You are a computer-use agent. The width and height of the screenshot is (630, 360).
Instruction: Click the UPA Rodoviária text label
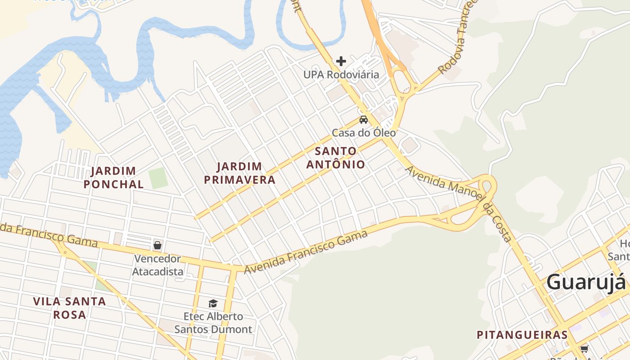pos(341,75)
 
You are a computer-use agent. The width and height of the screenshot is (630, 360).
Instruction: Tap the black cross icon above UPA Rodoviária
pos(341,61)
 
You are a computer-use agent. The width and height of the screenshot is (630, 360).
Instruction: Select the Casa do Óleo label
pos(364,133)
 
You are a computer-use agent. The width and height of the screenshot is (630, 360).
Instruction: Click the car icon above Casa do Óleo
pos(363,120)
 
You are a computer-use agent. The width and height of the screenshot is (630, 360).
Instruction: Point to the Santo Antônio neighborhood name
pos(336,158)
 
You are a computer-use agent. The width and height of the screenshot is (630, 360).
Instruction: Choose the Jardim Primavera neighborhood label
pos(239,173)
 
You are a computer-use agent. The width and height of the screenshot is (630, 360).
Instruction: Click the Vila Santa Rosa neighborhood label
pos(70,308)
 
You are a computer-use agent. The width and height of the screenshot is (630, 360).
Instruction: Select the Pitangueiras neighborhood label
pos(522,335)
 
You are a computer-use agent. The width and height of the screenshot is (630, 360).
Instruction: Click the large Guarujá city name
pos(586,282)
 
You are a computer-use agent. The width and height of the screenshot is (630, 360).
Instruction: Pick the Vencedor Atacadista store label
pos(157,265)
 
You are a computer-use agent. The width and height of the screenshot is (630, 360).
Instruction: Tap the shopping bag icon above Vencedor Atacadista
pos(157,245)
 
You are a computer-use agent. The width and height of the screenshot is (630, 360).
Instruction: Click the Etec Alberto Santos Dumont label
pos(213,323)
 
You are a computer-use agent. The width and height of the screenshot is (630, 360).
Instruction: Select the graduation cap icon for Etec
pos(213,303)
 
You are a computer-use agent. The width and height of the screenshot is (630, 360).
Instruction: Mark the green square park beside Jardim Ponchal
pos(158,178)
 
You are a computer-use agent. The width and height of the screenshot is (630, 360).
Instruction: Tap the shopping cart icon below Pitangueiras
pos(584,349)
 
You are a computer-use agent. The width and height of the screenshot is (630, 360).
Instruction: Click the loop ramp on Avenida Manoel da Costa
pos(488,185)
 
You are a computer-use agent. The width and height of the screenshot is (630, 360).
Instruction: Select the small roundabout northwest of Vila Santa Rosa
pos(65,252)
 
